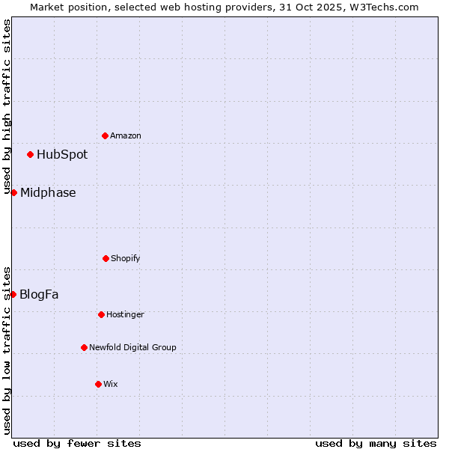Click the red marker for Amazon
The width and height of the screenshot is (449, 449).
pyautogui.click(x=105, y=135)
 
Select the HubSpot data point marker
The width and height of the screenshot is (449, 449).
pyautogui.click(x=30, y=154)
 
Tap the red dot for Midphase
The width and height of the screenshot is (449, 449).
pyautogui.click(x=13, y=192)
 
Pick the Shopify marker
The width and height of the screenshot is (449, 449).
pyautogui.click(x=106, y=258)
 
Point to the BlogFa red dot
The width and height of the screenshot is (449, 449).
pyautogui.click(x=13, y=294)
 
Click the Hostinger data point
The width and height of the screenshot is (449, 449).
pyautogui.click(x=101, y=314)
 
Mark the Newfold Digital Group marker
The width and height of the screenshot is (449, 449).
pyautogui.click(x=84, y=347)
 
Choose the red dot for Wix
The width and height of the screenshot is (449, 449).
pyautogui.click(x=98, y=384)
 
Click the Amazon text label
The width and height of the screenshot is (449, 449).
pyautogui.click(x=126, y=135)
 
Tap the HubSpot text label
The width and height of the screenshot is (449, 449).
pyautogui.click(x=62, y=155)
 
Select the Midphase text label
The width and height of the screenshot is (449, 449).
pyautogui.click(x=48, y=192)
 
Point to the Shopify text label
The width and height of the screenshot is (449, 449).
pyautogui.click(x=126, y=258)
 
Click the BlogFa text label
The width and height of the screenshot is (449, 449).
pyautogui.click(x=39, y=294)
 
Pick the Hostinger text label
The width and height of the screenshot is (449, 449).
pyautogui.click(x=125, y=314)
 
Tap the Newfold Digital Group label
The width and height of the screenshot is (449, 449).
pyautogui.click(x=132, y=347)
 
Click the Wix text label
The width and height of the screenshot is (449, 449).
pyautogui.click(x=111, y=384)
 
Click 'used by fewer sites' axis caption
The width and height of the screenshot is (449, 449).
pyautogui.click(x=77, y=443)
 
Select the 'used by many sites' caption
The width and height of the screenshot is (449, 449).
pyautogui.click(x=376, y=443)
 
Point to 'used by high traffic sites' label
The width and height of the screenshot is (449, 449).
pyautogui.click(x=7, y=106)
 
